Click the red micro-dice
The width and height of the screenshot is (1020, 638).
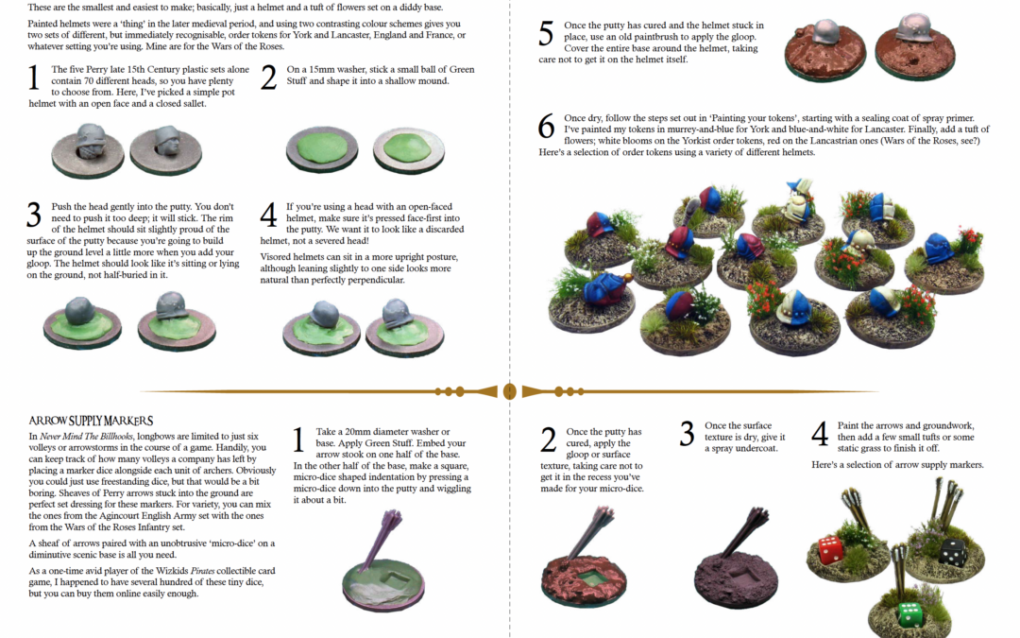point(830,550)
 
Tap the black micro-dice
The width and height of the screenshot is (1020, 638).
point(952,552)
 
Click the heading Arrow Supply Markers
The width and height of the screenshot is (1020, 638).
point(91,421)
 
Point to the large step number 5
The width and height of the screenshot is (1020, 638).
point(547,35)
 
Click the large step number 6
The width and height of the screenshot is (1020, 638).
point(547,127)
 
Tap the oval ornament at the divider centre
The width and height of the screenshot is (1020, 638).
point(510,391)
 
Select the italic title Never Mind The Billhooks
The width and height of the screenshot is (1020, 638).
point(87,436)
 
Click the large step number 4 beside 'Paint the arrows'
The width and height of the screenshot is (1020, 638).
point(821,434)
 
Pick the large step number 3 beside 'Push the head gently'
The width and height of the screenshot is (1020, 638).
point(34,215)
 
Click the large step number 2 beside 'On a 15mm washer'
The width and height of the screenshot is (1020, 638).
point(268,78)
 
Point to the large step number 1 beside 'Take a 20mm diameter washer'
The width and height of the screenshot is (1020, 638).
point(297,440)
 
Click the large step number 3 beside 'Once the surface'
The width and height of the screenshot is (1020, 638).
point(687,434)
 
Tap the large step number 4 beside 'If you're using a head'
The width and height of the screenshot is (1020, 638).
point(268,215)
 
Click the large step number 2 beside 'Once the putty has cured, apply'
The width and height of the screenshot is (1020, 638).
point(549,440)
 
